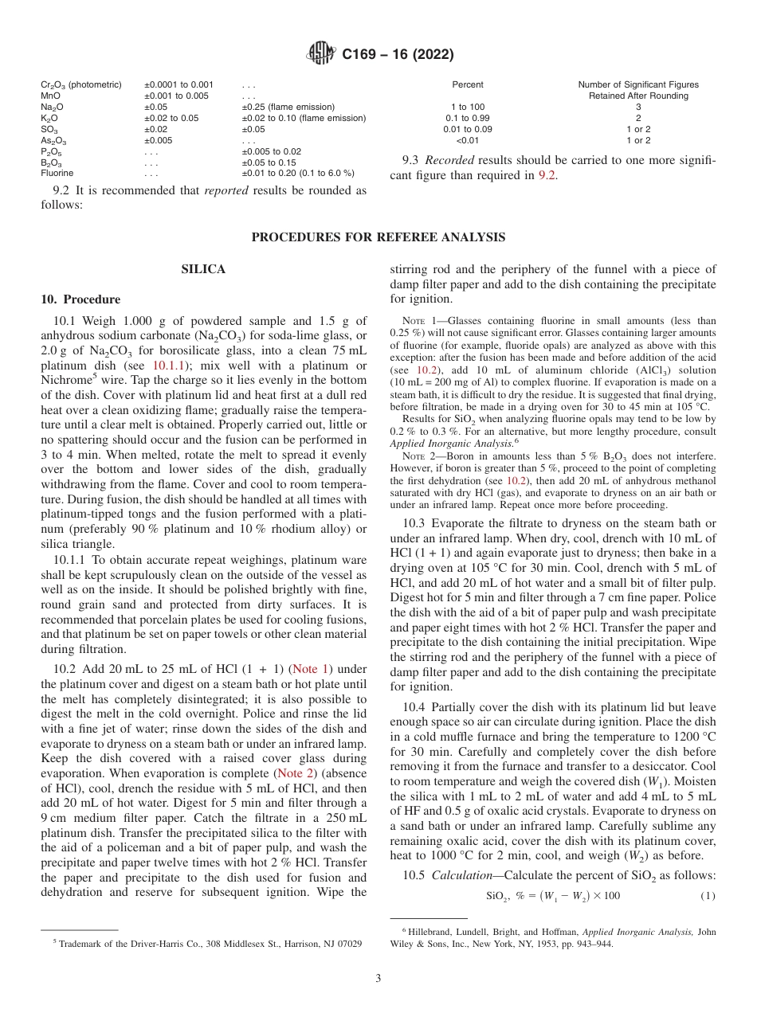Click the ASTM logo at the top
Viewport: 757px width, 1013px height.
click(x=322, y=55)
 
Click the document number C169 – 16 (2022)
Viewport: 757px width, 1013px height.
click(x=398, y=55)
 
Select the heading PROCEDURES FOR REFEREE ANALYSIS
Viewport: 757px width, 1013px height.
click(x=378, y=237)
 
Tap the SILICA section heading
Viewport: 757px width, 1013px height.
click(x=203, y=270)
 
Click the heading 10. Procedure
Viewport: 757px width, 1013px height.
click(x=80, y=299)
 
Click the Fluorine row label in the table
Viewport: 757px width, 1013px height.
click(x=57, y=173)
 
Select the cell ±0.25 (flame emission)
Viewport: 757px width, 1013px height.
click(x=288, y=107)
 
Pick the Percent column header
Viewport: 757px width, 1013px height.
click(x=468, y=84)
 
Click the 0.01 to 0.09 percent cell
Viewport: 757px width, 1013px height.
click(x=468, y=129)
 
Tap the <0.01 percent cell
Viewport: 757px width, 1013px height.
click(x=468, y=140)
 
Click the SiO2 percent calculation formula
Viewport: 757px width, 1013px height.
click(x=553, y=896)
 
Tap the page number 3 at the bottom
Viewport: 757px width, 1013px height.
click(x=378, y=978)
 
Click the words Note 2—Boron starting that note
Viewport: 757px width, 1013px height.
click(x=430, y=456)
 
